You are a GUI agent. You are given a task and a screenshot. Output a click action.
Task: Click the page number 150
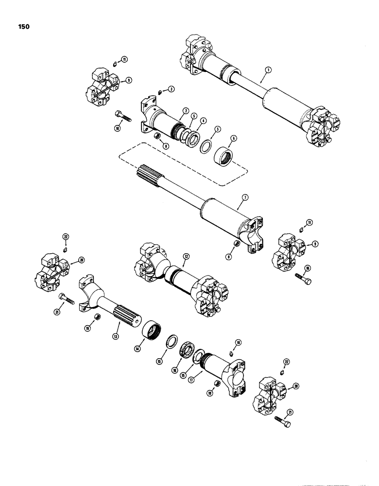pos(22,27)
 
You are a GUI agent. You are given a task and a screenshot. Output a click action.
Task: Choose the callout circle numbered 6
pos(234,138)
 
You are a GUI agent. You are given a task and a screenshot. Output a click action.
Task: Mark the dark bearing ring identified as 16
pos(187,352)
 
